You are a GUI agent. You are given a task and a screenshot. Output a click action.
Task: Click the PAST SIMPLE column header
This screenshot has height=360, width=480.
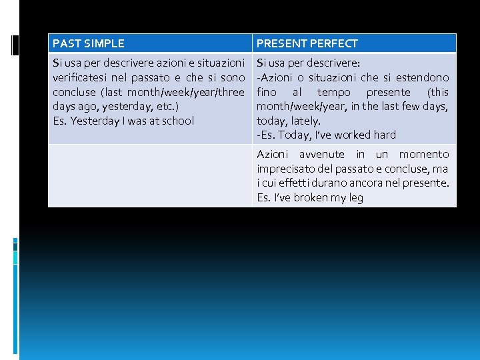(x=88, y=43)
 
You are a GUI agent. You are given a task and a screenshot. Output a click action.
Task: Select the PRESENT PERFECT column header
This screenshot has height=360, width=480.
(x=307, y=43)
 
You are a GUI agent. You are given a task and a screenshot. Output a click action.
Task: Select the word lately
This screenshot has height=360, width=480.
(x=306, y=121)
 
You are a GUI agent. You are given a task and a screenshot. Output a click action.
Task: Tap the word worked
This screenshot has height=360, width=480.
(x=354, y=135)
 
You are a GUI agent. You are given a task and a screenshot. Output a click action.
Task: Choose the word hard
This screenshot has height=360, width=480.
(x=385, y=135)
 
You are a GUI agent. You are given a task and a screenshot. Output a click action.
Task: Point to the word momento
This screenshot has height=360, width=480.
(x=424, y=155)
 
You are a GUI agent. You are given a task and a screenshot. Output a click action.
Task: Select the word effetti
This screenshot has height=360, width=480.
(x=304, y=183)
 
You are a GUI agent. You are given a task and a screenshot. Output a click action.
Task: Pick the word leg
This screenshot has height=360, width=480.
(x=355, y=198)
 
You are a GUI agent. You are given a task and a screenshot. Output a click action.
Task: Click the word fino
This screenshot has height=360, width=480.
(x=267, y=92)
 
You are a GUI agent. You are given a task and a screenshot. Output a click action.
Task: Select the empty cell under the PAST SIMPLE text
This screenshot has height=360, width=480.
(x=150, y=175)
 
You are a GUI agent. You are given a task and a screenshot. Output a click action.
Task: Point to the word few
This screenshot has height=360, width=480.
(x=411, y=107)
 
